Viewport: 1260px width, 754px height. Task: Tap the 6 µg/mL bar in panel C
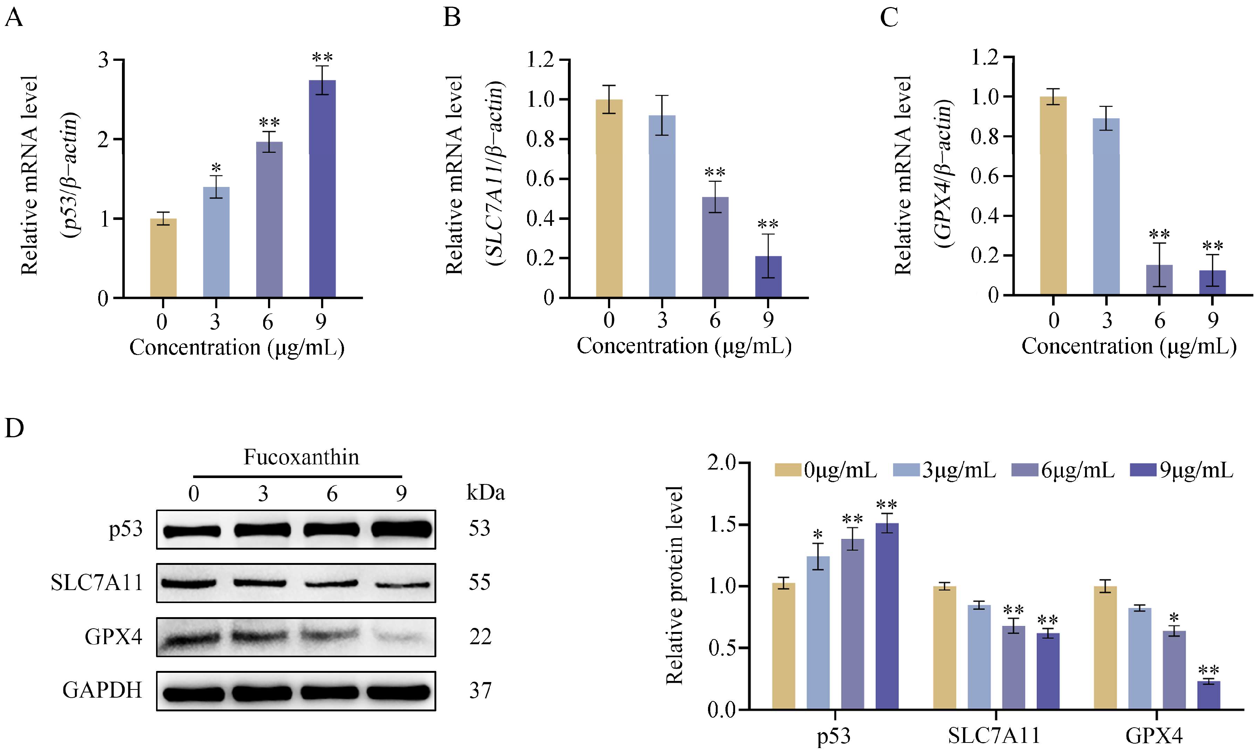click(1160, 280)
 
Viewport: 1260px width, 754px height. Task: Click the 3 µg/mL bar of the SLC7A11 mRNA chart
click(662, 206)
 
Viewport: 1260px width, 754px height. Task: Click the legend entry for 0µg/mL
click(826, 470)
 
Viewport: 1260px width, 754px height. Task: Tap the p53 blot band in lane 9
click(401, 529)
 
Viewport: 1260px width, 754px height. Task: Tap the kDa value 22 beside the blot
click(480, 636)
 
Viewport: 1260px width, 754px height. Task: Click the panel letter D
click(14, 428)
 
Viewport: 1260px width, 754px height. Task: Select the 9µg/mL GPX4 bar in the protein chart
click(1209, 695)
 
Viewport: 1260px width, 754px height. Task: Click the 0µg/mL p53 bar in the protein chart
click(784, 646)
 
